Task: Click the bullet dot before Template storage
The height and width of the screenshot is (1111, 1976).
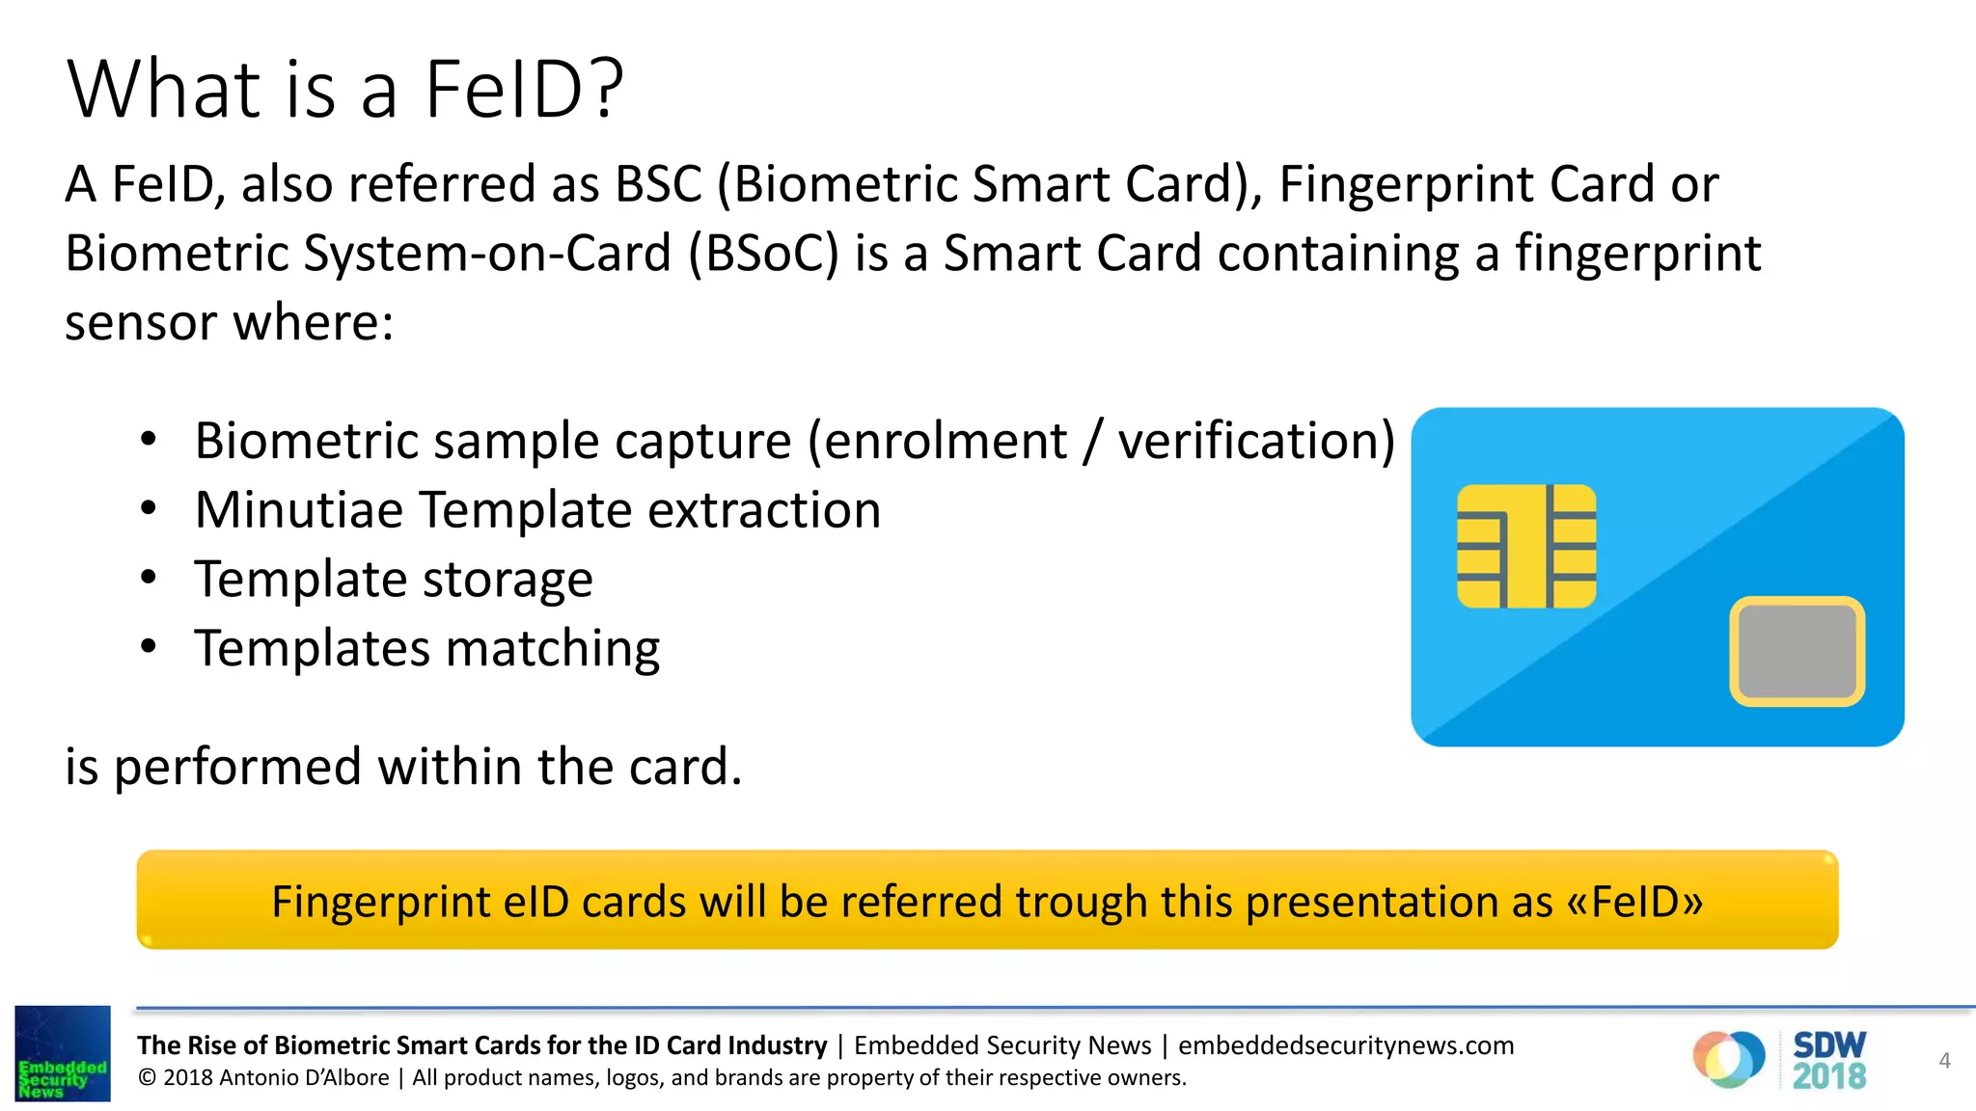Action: [x=148, y=578]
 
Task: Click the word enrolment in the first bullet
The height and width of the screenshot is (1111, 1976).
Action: [x=936, y=441]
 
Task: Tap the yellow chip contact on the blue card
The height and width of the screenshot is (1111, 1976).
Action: [x=1525, y=546]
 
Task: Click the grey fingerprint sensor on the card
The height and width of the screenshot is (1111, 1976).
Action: [x=1797, y=651]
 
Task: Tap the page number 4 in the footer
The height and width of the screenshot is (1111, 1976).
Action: [x=1944, y=1061]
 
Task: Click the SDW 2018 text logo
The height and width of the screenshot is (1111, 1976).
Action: [x=1828, y=1060]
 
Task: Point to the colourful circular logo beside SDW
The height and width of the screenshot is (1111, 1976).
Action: [x=1728, y=1059]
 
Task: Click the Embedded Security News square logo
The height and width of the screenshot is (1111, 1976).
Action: [x=63, y=1053]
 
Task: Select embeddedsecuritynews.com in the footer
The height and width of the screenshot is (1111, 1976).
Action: [x=1346, y=1045]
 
